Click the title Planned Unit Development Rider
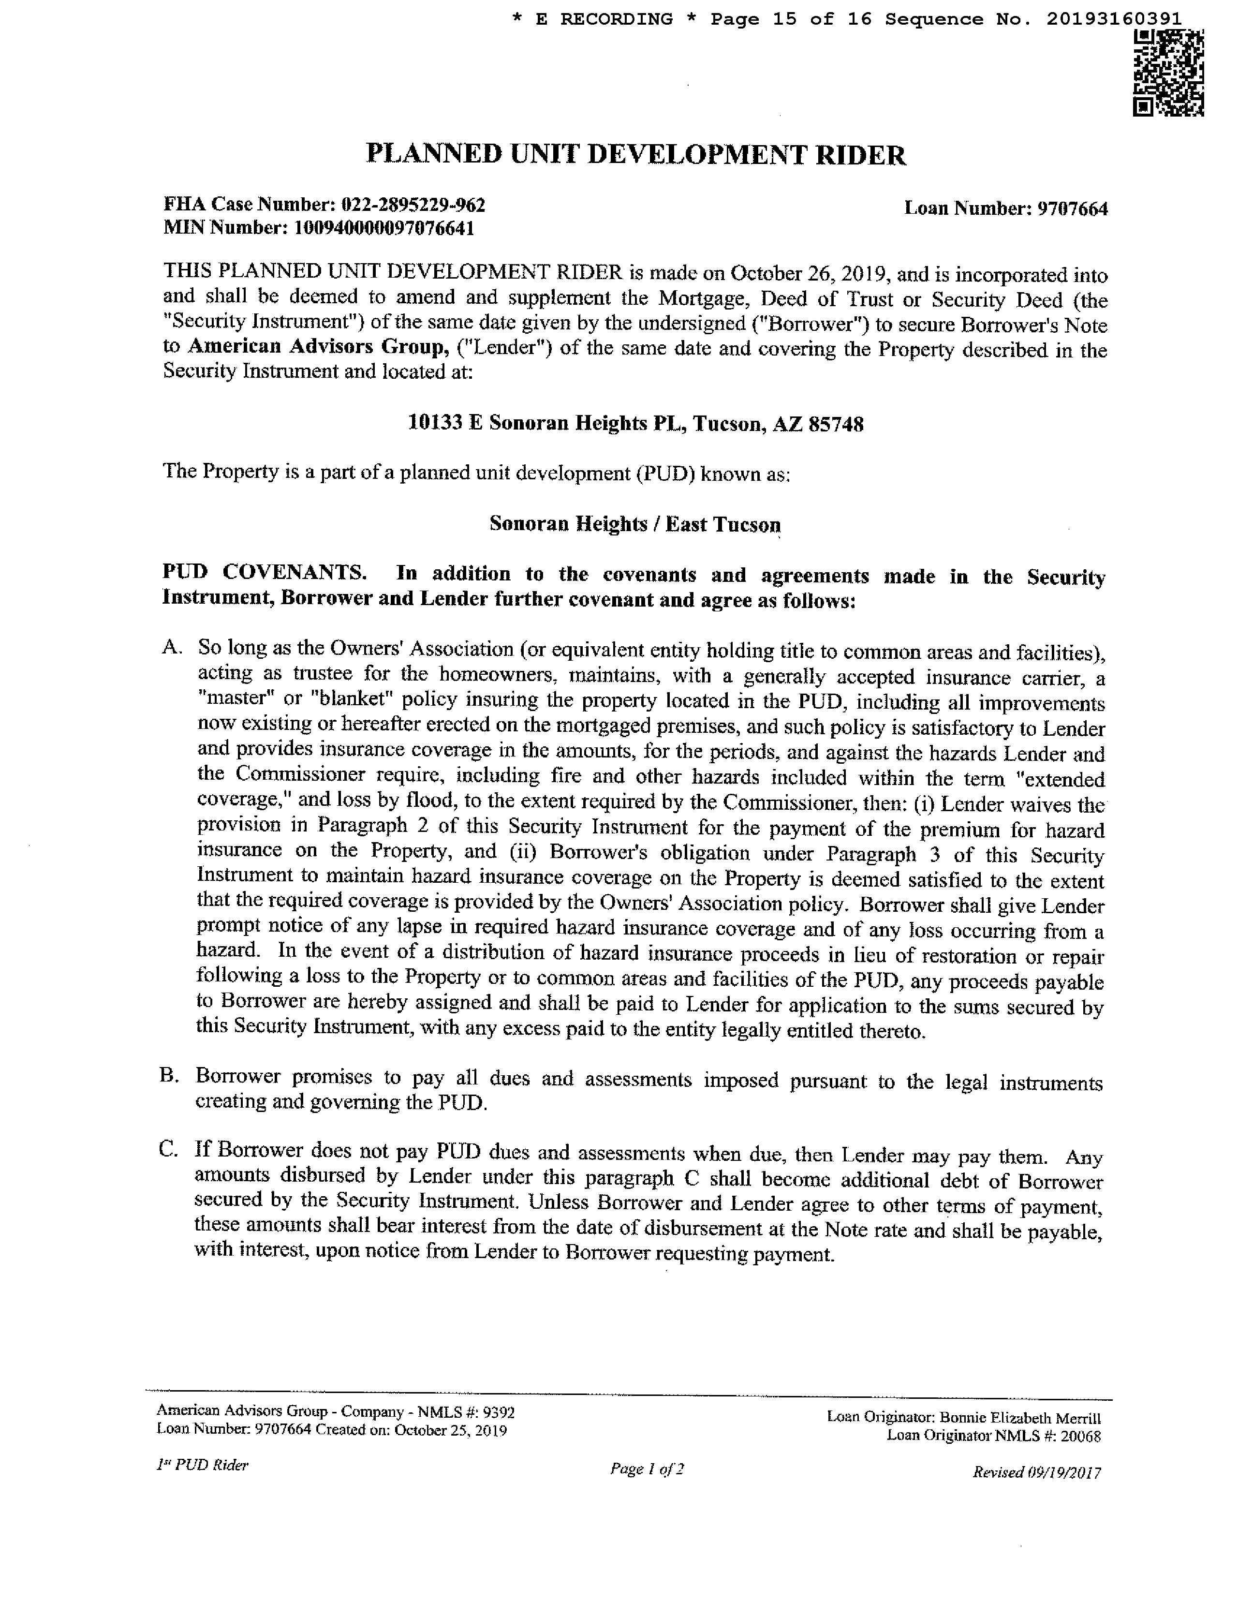636,155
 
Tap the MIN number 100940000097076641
383,228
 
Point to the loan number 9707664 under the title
1072,209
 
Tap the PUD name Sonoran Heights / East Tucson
635,524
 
